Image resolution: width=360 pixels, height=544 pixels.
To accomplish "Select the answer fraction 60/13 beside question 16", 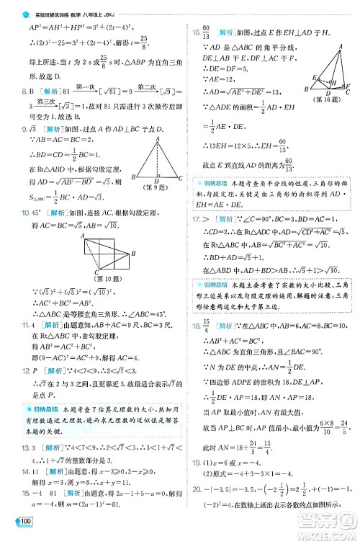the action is tap(208, 33).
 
